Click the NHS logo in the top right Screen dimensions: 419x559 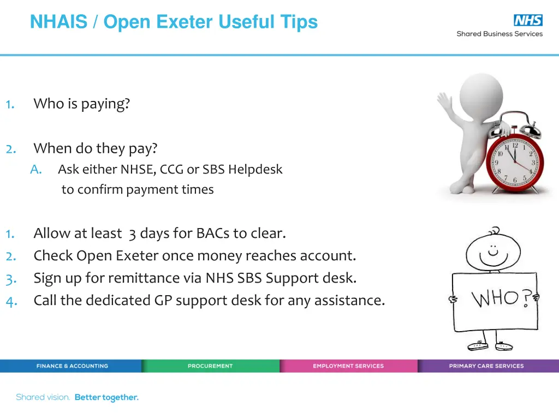528,21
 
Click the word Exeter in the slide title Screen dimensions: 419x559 185,22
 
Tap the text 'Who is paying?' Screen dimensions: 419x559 81,104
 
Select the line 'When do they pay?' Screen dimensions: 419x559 95,148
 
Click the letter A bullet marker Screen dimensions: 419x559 36,170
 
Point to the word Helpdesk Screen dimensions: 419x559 255,170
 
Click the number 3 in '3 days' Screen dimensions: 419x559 132,234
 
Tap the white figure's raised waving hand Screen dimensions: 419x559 444,101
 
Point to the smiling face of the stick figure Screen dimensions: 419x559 495,250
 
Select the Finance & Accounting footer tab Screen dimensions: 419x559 72,366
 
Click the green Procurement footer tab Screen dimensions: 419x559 210,366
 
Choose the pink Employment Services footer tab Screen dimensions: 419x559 348,366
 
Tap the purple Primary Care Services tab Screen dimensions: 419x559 486,366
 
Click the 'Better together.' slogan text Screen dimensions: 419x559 106,398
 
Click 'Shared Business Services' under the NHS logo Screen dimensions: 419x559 499,34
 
